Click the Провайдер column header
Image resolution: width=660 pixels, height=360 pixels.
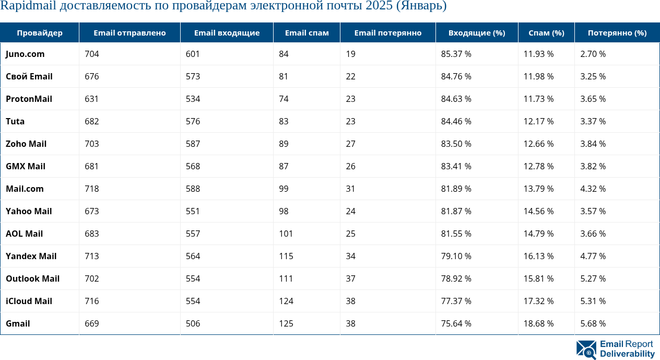(x=40, y=33)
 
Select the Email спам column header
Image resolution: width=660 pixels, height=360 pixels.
(x=307, y=33)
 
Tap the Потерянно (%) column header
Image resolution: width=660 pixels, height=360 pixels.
(x=617, y=33)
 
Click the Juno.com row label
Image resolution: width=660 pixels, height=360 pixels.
(x=25, y=54)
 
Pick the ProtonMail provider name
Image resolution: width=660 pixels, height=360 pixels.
(x=29, y=99)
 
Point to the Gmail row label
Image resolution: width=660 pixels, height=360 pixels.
(x=18, y=323)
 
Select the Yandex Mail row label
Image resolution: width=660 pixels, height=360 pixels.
(x=31, y=256)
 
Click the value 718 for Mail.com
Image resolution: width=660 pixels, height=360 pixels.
(x=91, y=189)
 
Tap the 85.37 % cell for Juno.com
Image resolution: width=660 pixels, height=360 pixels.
(x=456, y=54)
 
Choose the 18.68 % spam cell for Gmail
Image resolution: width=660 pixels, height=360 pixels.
(x=538, y=323)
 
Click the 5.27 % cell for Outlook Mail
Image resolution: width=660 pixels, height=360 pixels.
(x=593, y=278)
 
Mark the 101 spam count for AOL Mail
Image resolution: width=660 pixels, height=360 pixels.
(x=286, y=234)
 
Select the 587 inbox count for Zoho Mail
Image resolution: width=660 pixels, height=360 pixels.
(x=193, y=144)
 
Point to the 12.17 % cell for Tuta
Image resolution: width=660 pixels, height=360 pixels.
(x=538, y=121)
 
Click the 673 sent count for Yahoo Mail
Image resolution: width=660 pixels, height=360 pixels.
(x=91, y=211)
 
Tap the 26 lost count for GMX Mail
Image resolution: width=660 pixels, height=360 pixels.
(x=350, y=166)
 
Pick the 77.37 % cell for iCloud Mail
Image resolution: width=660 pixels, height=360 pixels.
(x=456, y=301)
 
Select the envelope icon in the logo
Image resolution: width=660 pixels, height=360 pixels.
(x=586, y=349)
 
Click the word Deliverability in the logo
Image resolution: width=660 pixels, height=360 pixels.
(x=627, y=354)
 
